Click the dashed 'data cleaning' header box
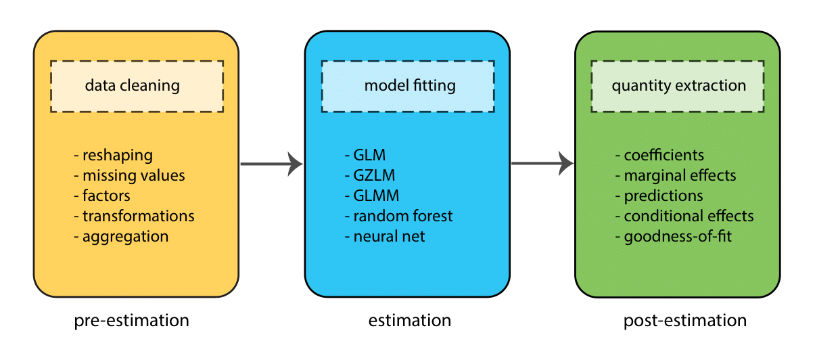137,86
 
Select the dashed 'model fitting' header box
407,86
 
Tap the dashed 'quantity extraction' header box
678,86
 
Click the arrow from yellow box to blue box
271,163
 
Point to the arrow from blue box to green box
542,163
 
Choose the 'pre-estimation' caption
131,320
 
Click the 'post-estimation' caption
684,320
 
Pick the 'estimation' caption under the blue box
409,320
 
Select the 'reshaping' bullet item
116,156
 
